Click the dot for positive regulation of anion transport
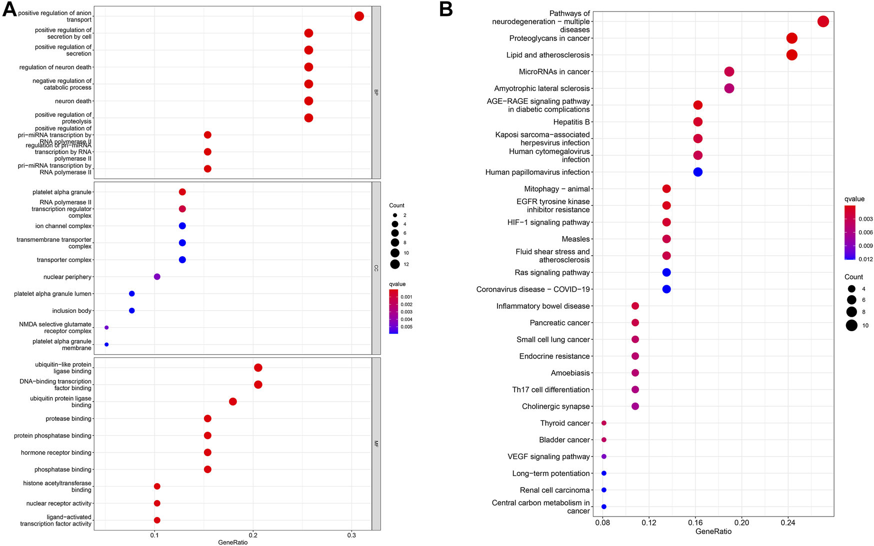(359, 16)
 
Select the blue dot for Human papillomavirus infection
(698, 172)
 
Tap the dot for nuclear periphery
(157, 277)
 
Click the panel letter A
(9, 9)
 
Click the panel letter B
(446, 9)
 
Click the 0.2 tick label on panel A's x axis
(253, 536)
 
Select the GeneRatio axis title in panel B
(713, 532)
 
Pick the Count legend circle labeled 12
(395, 264)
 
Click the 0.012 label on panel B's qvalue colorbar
(866, 259)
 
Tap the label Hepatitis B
(571, 122)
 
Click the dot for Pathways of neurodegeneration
(823, 21)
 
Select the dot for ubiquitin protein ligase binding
(233, 402)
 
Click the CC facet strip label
(376, 268)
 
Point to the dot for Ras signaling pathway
(666, 272)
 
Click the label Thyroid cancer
(565, 423)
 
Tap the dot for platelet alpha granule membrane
(106, 345)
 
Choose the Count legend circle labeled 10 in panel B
(852, 326)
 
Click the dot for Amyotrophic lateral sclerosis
(729, 88)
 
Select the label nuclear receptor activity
(59, 504)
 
